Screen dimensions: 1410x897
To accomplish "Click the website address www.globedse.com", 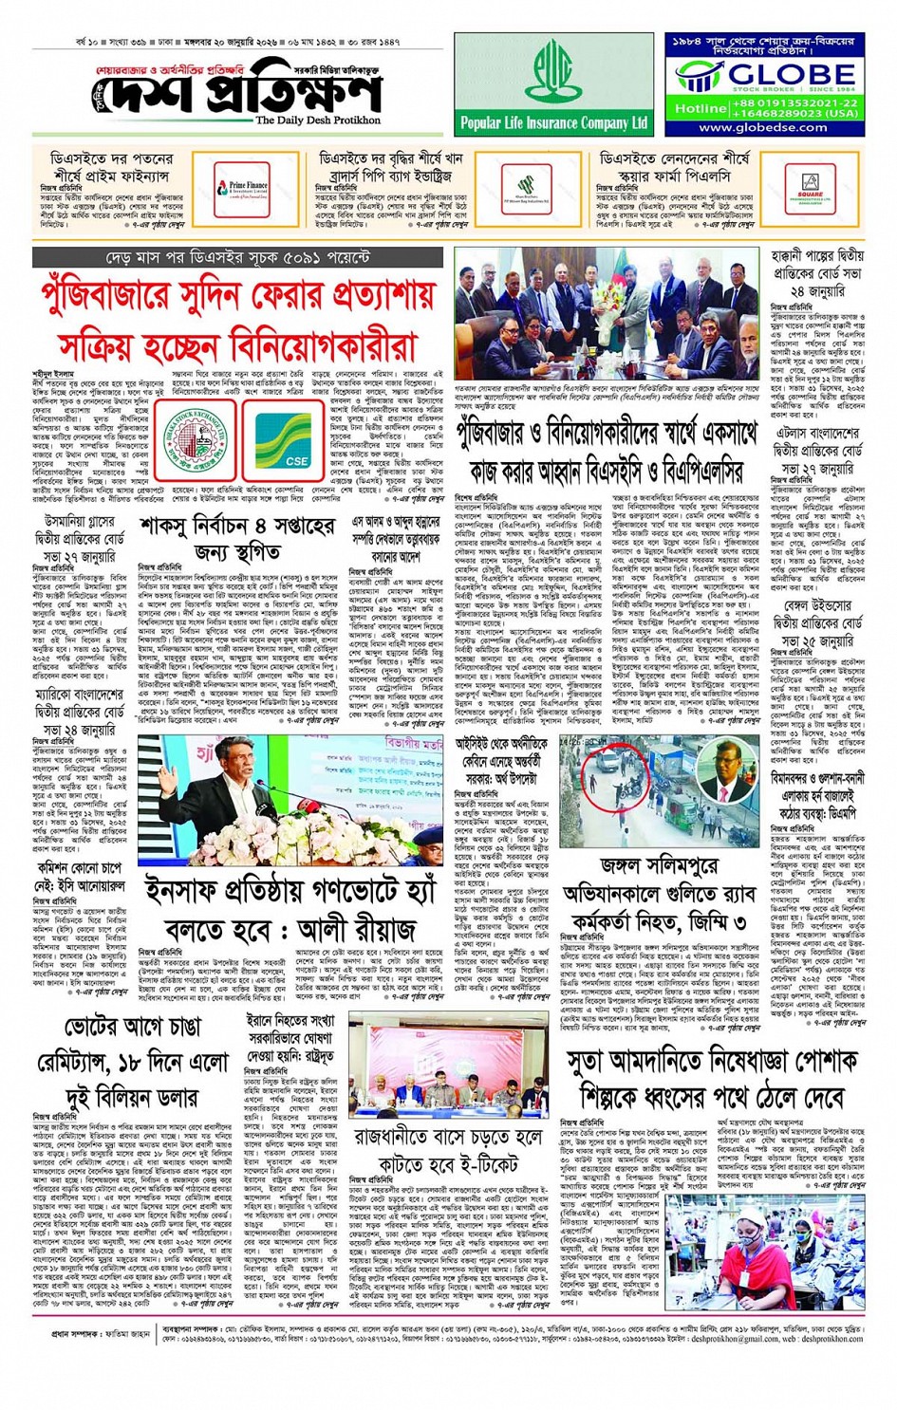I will (763, 127).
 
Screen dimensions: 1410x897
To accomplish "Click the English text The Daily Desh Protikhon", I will (317, 121).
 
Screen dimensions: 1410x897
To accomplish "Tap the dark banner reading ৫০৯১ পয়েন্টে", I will (237, 257).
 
